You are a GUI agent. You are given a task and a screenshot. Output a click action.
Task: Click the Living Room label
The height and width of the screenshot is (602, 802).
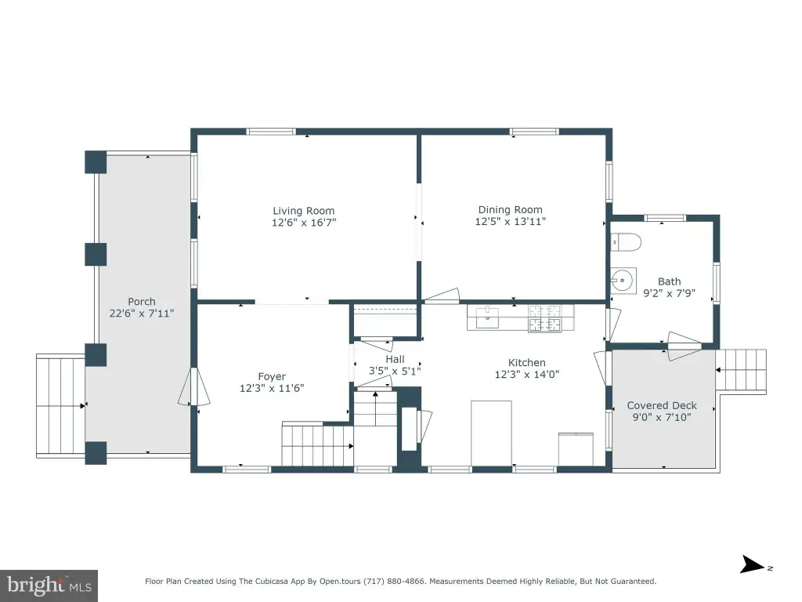coord(303,210)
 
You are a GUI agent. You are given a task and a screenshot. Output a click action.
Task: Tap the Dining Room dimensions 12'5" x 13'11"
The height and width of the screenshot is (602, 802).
coord(510,222)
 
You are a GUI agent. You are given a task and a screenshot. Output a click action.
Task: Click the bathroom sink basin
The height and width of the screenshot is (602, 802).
coord(623,280)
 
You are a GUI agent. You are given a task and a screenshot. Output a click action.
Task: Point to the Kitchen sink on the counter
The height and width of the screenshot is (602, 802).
coord(487,317)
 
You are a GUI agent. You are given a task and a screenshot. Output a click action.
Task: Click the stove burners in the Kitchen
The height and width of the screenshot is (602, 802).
coord(545,318)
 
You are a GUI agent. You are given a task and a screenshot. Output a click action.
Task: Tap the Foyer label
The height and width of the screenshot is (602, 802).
coord(272,376)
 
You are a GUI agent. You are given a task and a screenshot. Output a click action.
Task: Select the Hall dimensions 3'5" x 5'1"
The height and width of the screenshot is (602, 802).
coord(395,371)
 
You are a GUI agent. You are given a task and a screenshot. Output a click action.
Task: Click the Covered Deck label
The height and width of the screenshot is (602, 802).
coord(662,405)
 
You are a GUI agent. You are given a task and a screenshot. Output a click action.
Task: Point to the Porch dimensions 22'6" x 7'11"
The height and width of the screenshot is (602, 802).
coord(142,313)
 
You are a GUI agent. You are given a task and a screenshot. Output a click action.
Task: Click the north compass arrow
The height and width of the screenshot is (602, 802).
coord(753,564)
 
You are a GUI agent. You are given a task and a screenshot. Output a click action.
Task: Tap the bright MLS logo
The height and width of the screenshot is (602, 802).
coord(49,585)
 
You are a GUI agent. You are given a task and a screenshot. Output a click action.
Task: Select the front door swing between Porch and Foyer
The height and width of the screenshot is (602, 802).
coord(194,387)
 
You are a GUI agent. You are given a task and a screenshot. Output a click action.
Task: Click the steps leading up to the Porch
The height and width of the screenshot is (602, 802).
coord(61,405)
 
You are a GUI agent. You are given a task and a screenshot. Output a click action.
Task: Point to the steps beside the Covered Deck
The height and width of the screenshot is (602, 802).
coord(741,371)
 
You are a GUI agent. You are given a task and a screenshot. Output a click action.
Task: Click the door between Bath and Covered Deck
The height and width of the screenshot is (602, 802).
coord(683,345)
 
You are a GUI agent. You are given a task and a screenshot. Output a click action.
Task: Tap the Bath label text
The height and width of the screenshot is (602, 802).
coord(669,281)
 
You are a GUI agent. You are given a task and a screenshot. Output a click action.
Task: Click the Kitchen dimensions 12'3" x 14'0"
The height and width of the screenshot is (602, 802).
coord(527,374)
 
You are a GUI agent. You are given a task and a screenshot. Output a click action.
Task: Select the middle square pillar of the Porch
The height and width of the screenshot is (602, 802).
coord(96,255)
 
